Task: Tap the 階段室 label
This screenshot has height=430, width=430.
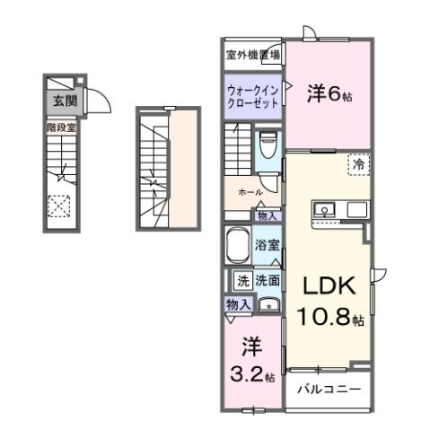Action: [60, 128]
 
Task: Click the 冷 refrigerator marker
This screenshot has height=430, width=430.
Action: [358, 164]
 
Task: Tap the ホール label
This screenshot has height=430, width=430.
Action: [250, 192]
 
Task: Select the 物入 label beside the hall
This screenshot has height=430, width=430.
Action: [268, 215]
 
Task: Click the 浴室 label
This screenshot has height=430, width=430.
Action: [266, 244]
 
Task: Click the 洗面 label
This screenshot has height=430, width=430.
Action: [267, 280]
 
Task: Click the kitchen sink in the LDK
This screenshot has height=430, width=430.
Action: [323, 211]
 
